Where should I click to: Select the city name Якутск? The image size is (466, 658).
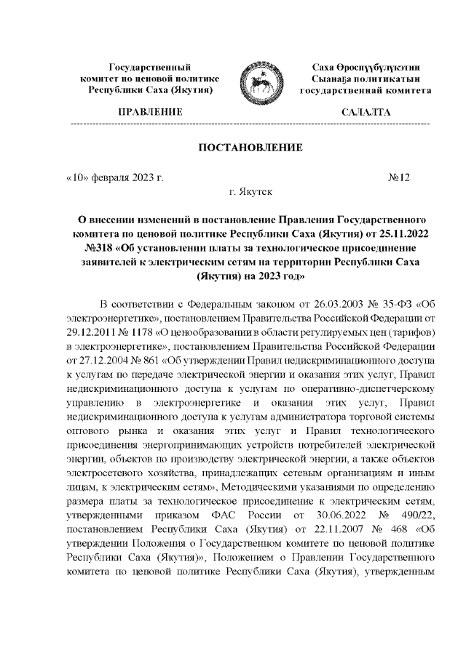pos(256,191)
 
